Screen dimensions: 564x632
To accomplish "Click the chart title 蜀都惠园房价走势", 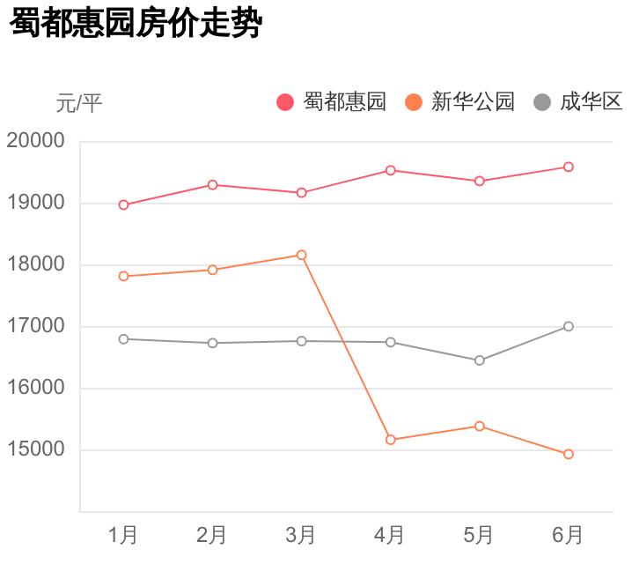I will click(x=136, y=24).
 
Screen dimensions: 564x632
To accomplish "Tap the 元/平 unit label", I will click(x=79, y=104).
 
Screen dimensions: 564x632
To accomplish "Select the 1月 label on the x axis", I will click(x=123, y=535).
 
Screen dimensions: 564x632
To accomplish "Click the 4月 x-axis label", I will click(x=390, y=535).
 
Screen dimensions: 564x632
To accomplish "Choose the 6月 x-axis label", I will click(x=568, y=535).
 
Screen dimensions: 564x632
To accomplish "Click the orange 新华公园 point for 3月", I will click(x=302, y=255).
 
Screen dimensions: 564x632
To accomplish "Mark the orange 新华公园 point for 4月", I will click(x=391, y=439).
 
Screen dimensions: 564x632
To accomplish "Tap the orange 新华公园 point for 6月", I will click(x=569, y=454).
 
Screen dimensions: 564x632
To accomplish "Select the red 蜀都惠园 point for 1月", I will click(x=123, y=204).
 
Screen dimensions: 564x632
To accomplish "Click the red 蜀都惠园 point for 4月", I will click(x=391, y=170).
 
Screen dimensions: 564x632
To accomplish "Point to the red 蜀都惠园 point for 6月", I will click(x=569, y=167).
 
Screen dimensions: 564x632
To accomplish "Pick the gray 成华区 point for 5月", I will click(x=480, y=360).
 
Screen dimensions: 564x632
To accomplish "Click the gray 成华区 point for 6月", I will click(x=569, y=326).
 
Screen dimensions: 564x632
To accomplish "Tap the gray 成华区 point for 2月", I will click(x=212, y=343).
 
